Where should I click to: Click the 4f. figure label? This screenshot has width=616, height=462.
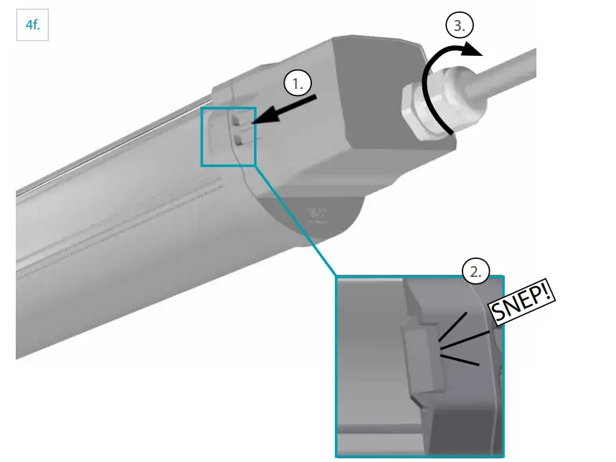pyautogui.click(x=32, y=27)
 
